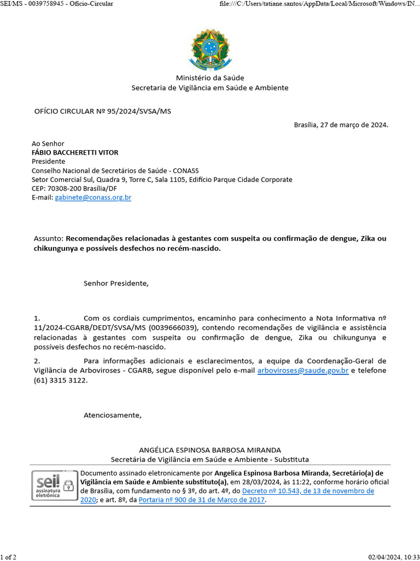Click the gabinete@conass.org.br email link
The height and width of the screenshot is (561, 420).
click(93, 198)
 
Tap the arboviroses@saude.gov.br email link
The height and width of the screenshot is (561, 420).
click(302, 370)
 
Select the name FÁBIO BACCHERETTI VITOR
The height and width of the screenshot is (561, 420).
click(75, 153)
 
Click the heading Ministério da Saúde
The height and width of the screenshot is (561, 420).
click(209, 78)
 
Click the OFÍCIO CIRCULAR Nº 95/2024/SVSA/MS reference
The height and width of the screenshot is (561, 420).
click(103, 111)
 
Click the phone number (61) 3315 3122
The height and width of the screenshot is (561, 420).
click(60, 380)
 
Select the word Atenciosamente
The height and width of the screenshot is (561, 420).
click(112, 415)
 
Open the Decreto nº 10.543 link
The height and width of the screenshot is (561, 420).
click(308, 491)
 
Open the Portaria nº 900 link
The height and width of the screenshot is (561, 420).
click(202, 500)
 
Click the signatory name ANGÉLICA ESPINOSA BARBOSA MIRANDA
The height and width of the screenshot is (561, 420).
click(209, 450)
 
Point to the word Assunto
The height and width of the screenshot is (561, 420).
click(48, 239)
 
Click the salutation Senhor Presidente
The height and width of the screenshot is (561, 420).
click(115, 284)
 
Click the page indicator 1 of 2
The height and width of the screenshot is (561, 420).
click(8, 557)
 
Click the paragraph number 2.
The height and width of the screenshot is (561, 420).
click(37, 361)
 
